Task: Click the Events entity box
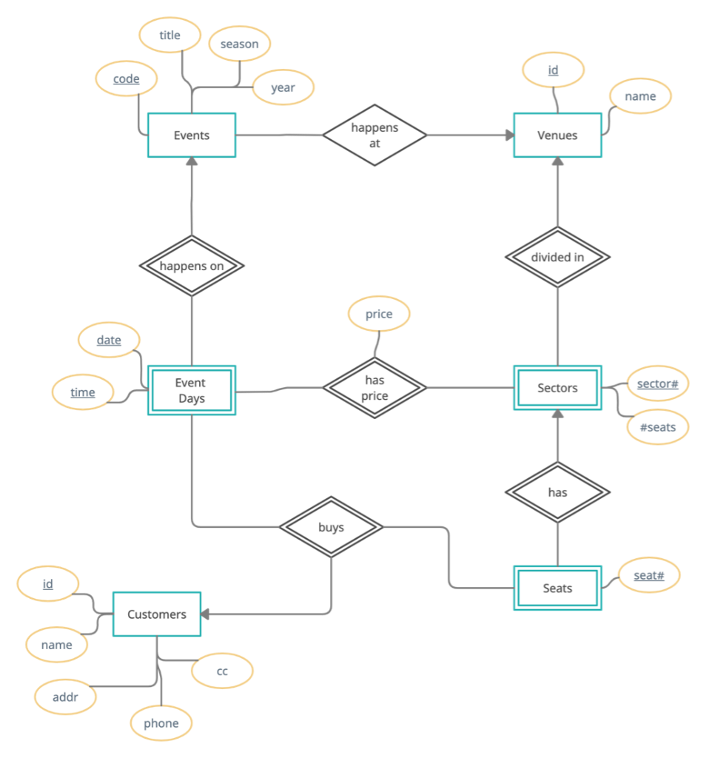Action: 192,135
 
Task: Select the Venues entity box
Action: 557,135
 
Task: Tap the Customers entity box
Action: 157,614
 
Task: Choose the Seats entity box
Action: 557,588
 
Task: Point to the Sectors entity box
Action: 557,388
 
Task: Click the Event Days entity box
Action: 192,390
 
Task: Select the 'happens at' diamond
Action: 374,135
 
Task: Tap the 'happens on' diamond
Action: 192,266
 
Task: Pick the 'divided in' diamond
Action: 557,257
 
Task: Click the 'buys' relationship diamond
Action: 331,528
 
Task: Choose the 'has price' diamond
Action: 374,388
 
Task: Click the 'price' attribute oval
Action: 379,314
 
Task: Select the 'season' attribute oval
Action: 240,44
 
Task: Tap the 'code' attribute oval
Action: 127,79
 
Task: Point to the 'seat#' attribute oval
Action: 648,574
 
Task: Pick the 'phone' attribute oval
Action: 161,723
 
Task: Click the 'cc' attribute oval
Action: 222,671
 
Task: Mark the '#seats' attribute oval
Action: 656,427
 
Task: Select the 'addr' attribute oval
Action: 66,697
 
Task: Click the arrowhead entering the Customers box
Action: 206,614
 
